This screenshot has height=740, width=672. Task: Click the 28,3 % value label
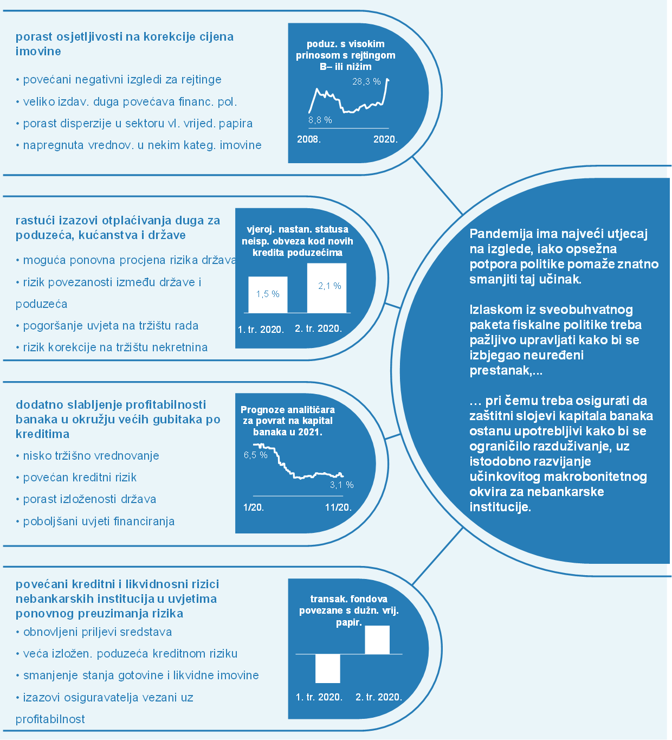point(366,82)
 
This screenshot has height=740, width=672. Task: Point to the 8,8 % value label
point(320,120)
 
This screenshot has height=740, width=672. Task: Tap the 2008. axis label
point(309,139)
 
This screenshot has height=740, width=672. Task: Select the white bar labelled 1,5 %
point(268,294)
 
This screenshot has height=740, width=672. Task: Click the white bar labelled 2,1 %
point(327,288)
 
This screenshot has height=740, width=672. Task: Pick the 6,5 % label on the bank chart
point(255,455)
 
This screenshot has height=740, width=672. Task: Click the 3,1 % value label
point(341,485)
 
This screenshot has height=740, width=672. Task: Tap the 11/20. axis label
point(338,507)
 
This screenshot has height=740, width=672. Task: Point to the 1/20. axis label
point(254,507)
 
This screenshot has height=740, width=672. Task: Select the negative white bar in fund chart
point(327,668)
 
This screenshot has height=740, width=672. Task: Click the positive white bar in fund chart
point(377,640)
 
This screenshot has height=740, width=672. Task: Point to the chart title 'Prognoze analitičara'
point(287,410)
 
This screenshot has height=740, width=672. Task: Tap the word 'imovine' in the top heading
point(38,52)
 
